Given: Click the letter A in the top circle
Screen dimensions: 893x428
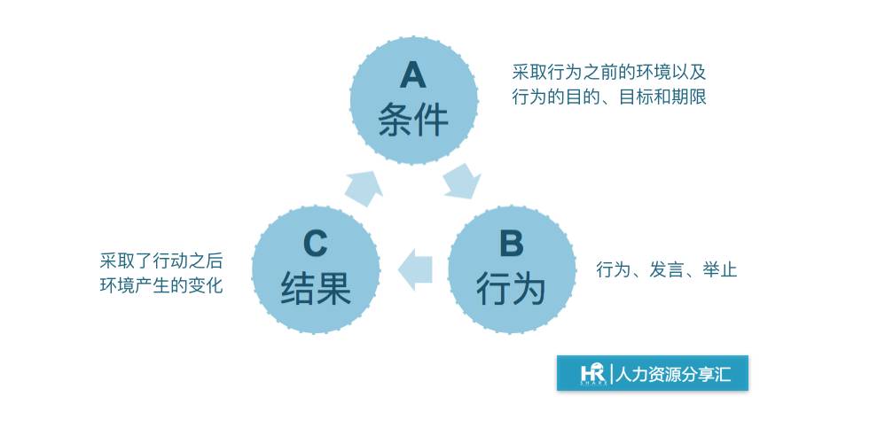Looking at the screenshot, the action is point(412,75).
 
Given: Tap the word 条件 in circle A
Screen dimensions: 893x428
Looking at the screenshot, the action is point(413,120).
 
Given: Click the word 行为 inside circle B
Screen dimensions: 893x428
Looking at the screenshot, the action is point(511,289).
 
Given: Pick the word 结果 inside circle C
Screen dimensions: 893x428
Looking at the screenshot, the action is point(316,289).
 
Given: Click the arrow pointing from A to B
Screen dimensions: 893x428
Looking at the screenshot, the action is point(463,181).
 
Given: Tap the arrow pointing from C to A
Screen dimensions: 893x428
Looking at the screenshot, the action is point(364,186).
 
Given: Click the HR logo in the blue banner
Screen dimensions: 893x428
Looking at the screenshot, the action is point(592,373).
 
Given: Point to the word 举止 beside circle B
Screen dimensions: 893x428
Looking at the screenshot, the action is point(719,269).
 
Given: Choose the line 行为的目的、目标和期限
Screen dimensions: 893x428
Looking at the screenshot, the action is point(609,97).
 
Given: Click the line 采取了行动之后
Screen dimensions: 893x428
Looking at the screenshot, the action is point(161,261).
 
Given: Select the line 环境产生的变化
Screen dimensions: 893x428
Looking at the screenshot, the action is point(161,285).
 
